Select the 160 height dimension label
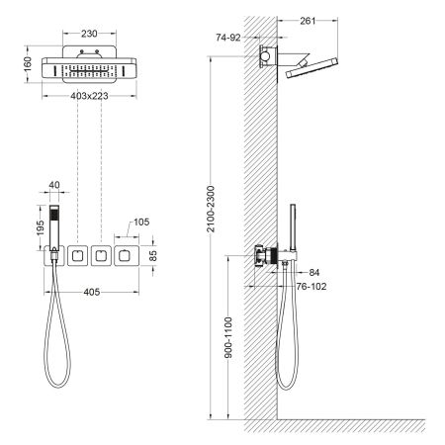tap(29, 62)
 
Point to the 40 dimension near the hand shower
tap(53, 185)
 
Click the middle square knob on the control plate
tap(99, 255)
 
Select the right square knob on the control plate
tap(125, 255)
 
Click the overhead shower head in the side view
tap(312, 69)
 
